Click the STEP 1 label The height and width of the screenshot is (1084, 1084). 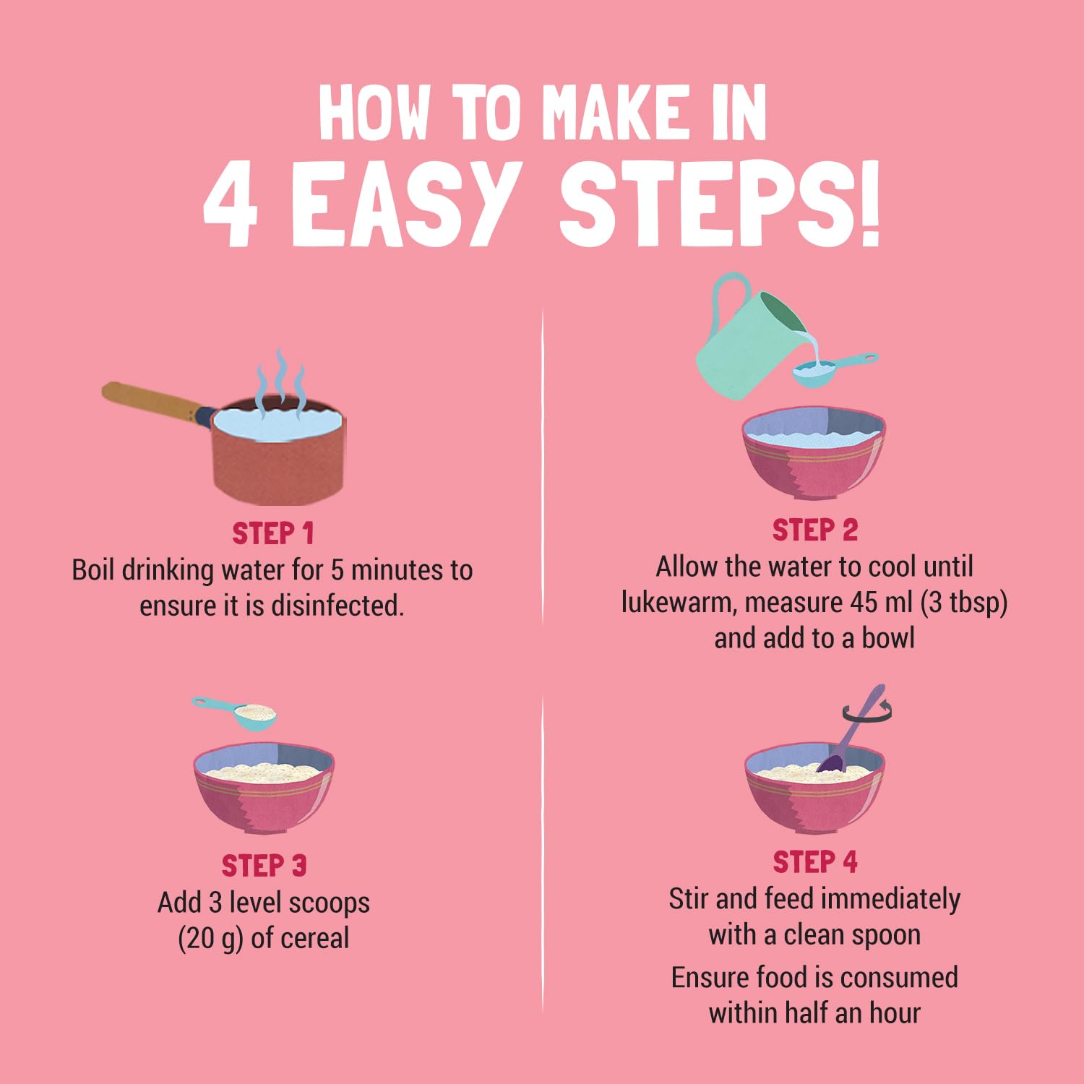273,534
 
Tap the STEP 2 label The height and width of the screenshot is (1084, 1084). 814,530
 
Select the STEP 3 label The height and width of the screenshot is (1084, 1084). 264,866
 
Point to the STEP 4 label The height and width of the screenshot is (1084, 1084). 814,862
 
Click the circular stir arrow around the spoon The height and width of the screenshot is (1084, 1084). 866,713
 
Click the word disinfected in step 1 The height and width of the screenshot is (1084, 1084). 337,606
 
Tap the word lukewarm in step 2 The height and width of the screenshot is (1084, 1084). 678,602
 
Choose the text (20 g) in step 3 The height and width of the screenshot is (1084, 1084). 211,939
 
